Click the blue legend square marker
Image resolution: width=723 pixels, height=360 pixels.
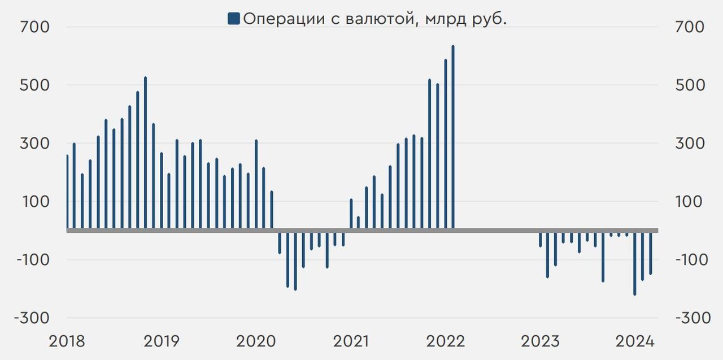point(233,19)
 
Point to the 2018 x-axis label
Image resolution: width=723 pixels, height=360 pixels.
point(67,341)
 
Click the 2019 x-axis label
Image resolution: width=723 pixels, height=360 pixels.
point(162,341)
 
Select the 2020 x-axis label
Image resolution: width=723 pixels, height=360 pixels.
point(256,341)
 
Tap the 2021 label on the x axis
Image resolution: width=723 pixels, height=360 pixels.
point(351,341)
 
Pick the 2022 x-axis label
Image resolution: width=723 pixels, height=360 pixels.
point(446,341)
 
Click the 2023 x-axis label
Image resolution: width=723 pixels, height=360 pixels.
point(540,341)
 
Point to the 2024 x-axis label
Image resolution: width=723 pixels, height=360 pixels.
point(635,341)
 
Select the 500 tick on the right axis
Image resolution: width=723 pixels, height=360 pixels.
point(689,85)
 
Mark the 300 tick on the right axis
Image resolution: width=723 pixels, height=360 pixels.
point(689,144)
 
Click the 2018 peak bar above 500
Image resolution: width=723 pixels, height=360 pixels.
point(145,153)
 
